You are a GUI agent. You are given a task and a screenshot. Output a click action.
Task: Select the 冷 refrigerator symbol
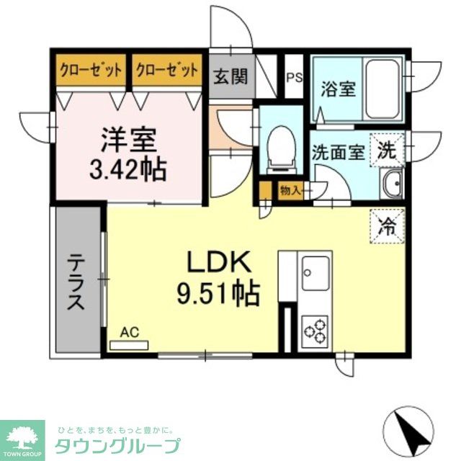click(388, 225)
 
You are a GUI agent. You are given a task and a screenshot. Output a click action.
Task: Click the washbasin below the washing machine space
click(393, 185)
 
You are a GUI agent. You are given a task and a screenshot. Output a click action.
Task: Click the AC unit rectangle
click(129, 344)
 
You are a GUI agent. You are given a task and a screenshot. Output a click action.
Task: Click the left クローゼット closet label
click(89, 70)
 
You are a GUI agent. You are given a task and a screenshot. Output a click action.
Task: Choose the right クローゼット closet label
click(166, 70)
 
